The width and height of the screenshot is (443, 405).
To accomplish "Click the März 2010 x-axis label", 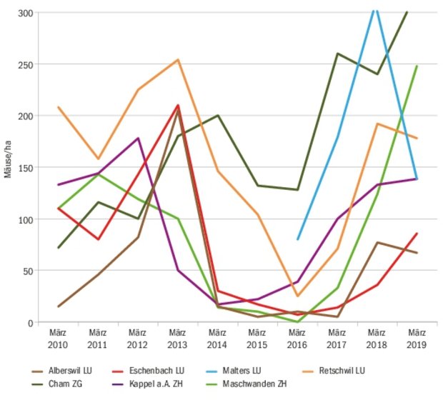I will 58,339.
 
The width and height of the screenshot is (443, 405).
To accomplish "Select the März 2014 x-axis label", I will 217,339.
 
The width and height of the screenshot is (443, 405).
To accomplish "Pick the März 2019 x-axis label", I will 416,339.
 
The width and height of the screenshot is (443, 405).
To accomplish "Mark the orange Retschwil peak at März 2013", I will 177,60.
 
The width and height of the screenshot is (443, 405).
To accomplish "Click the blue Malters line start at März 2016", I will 297,239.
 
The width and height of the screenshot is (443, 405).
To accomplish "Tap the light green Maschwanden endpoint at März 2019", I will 417,66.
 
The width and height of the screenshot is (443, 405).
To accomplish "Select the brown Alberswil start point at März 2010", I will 58,306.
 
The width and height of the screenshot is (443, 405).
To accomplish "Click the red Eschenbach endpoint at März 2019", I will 417,234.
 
